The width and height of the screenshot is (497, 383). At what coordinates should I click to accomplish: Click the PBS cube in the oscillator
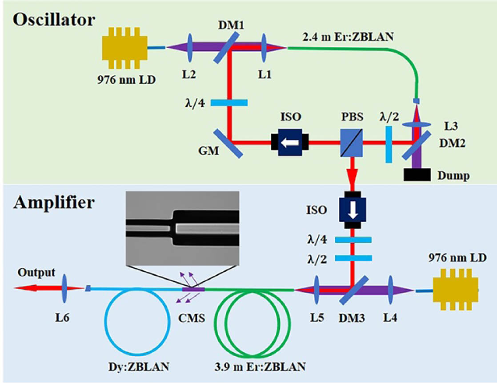tap(352, 143)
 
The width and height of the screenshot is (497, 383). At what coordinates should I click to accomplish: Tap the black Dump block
tap(417, 175)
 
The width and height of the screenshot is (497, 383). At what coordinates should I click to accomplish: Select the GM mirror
tap(228, 143)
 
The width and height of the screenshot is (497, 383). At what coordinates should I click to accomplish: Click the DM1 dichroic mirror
tap(226, 48)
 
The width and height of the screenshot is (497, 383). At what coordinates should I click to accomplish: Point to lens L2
tap(189, 48)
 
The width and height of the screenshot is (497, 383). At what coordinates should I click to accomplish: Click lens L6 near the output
tap(65, 289)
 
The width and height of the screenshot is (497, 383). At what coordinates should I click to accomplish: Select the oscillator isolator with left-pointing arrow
tap(290, 143)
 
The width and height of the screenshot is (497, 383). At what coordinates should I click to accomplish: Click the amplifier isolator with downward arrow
tap(353, 210)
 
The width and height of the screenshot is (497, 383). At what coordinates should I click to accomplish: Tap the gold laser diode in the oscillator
tap(125, 48)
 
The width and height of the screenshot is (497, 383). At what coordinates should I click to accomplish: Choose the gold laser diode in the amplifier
tap(456, 289)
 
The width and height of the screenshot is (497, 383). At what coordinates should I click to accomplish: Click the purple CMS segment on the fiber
tap(193, 289)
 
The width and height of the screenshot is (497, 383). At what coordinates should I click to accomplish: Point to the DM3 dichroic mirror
tap(354, 289)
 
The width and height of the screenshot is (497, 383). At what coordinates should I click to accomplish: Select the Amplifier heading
tap(54, 203)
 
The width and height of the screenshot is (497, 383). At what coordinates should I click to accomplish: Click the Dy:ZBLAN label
tap(139, 367)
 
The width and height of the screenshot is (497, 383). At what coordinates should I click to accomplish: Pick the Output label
tap(36, 273)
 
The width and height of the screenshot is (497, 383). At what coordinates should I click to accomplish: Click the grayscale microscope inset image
tap(183, 228)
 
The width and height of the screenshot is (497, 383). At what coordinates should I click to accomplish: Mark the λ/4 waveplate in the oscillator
tap(229, 102)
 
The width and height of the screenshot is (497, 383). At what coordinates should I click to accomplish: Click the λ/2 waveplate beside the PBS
tap(389, 144)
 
